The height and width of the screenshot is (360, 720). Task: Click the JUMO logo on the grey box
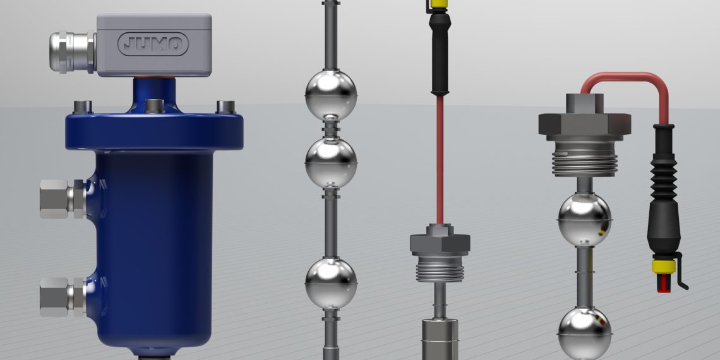tap(153, 44)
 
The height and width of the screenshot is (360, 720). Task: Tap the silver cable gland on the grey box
tap(72, 51)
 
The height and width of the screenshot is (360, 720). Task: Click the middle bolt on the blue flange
tap(154, 106)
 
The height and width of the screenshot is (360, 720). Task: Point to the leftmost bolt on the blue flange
tap(83, 107)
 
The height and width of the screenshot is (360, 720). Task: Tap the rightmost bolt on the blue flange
tap(226, 107)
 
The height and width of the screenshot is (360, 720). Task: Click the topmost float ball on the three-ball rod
tap(330, 95)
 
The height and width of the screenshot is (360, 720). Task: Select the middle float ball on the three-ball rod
tap(330, 162)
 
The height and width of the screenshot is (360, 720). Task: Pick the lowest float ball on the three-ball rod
tap(330, 283)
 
